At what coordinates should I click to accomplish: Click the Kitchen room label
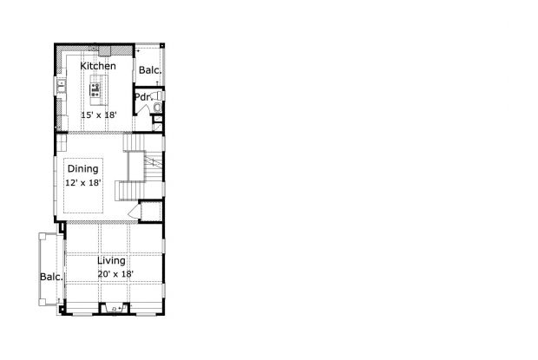tap(98, 66)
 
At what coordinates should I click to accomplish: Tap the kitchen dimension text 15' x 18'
tap(99, 115)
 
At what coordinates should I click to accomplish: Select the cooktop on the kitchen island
tap(95, 88)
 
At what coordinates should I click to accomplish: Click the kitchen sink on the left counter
tap(62, 86)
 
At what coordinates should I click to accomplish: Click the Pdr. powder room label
tap(143, 96)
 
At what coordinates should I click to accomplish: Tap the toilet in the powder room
tap(158, 108)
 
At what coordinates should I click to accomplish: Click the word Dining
tap(83, 169)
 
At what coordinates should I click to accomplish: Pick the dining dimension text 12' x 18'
tap(83, 183)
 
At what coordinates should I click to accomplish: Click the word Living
tap(111, 260)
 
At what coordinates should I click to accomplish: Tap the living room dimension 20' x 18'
tap(115, 274)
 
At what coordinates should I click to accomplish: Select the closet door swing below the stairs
tap(134, 212)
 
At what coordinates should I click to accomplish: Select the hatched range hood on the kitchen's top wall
tap(95, 48)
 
